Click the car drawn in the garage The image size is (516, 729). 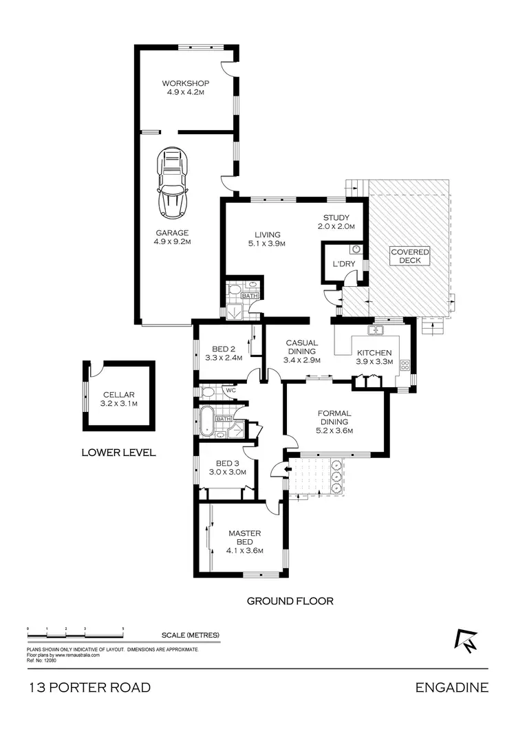point(172,182)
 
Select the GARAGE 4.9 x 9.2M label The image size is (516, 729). point(172,237)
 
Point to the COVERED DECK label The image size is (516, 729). point(410,257)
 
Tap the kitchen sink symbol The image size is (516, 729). point(376,331)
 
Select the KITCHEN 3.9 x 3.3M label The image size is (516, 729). point(374,357)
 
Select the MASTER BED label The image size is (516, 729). point(245,541)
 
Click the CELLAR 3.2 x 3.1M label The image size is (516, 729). point(120,399)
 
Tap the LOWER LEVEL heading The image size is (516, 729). point(118,453)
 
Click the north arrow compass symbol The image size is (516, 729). point(465,640)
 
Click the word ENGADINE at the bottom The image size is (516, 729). point(452,687)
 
